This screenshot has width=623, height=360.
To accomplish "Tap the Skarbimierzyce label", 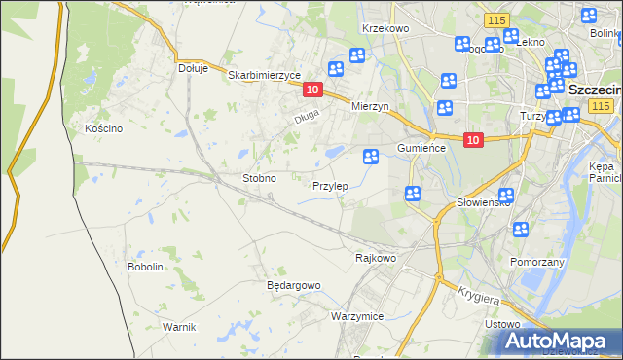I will tap(264, 75).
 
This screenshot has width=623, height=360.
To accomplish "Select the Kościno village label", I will tap(103, 128).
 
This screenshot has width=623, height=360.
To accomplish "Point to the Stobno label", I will tap(259, 179).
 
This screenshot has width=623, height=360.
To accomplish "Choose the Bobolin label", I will tap(145, 267).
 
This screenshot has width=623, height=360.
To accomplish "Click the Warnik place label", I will tap(180, 326).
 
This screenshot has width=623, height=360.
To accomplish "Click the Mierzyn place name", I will tap(370, 107).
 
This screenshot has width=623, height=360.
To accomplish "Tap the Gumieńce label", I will tap(421, 148).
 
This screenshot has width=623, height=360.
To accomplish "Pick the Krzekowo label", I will tap(385, 29).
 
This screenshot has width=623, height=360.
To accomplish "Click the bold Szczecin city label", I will tap(594, 89).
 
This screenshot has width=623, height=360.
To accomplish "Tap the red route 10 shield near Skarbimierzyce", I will tap(311, 90).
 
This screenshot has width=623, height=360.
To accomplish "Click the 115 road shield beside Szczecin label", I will tap(601, 105).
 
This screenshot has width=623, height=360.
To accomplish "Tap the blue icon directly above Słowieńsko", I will tap(506, 195).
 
